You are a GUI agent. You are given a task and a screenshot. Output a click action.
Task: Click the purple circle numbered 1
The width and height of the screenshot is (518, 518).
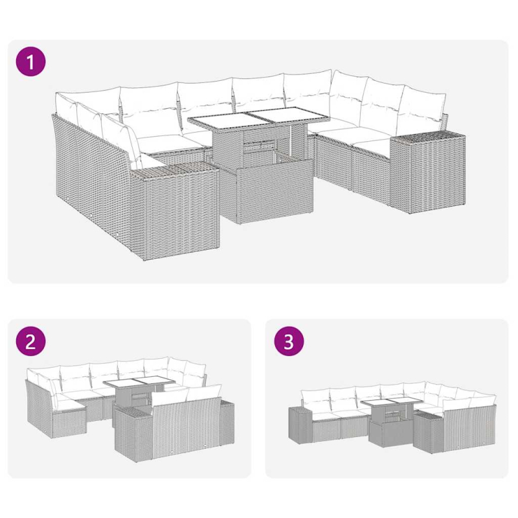(31, 63)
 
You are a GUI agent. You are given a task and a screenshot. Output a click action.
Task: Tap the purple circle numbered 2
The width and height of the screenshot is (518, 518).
(31, 343)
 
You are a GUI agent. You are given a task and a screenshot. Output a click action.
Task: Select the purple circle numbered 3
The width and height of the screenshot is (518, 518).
(289, 343)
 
